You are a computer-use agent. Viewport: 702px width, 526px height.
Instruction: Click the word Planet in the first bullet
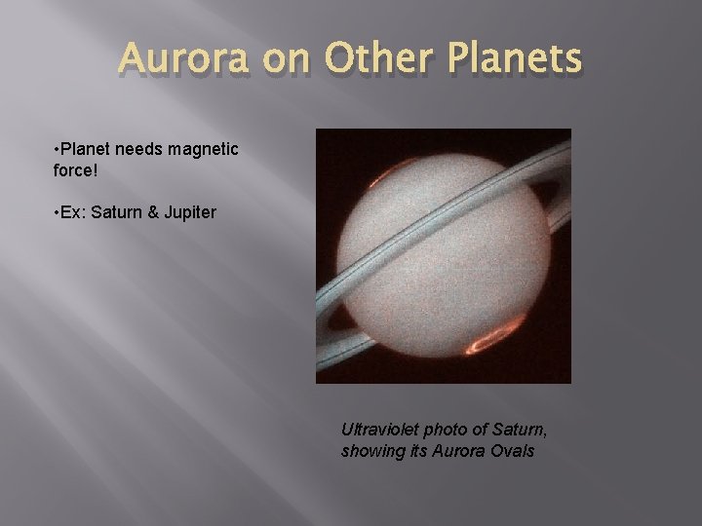coord(86,149)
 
